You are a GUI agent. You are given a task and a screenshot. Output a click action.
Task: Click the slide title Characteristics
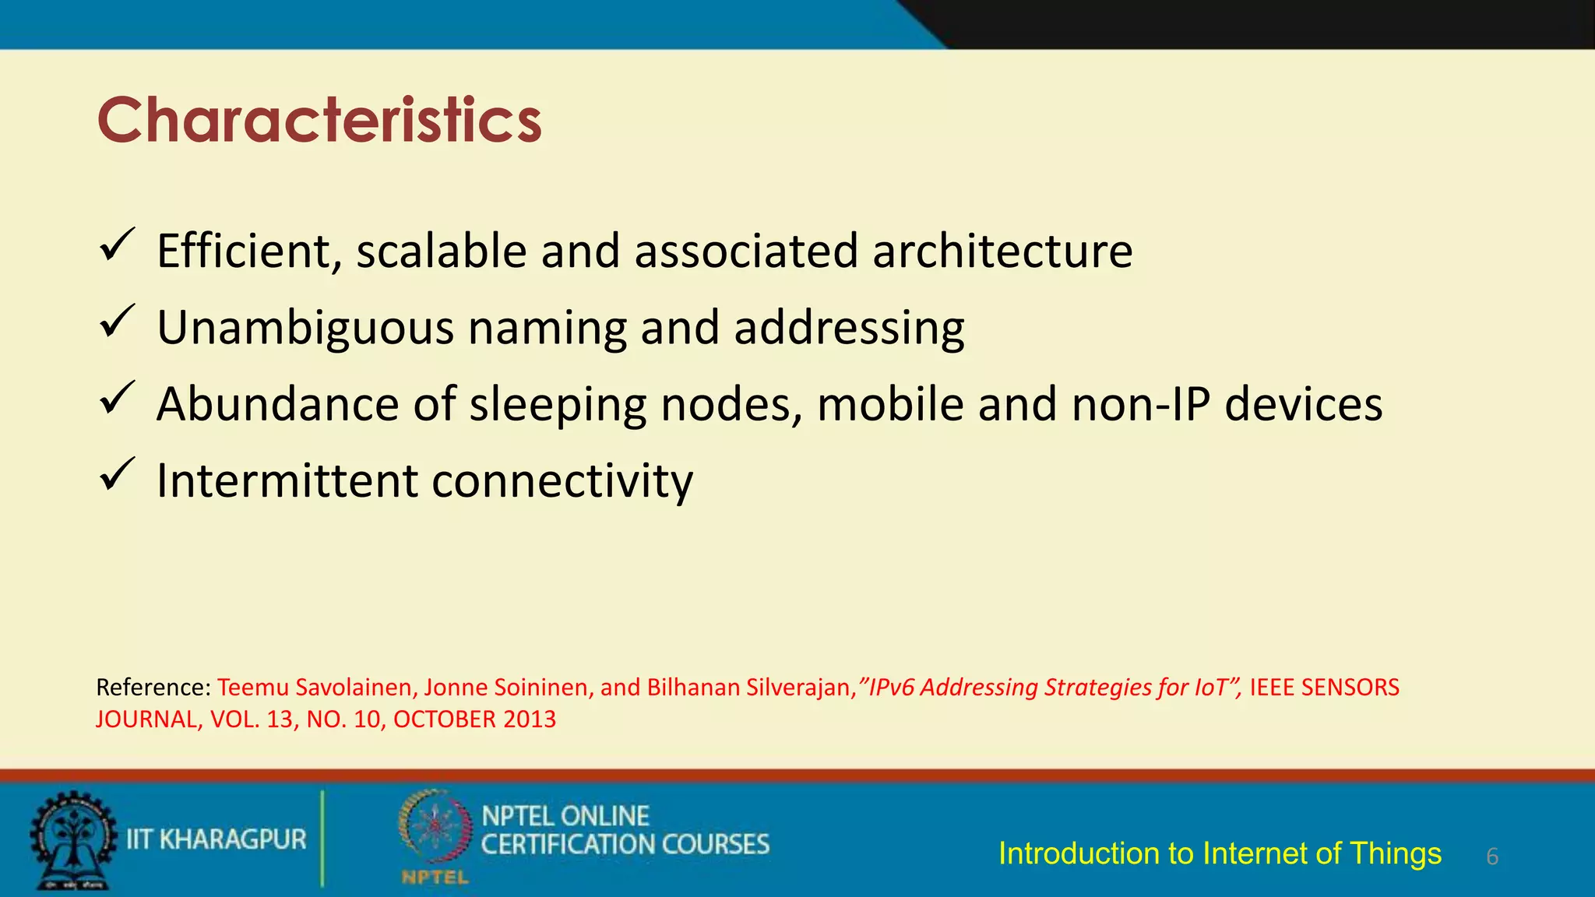319,121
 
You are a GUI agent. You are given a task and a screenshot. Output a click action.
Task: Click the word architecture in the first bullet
1002,252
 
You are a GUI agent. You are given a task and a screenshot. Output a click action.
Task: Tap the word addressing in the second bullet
849,328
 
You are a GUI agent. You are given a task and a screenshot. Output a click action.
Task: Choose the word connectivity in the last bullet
562,480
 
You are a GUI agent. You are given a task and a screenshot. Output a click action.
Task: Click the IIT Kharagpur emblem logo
72,840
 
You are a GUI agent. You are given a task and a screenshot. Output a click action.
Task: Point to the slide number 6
1492,857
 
